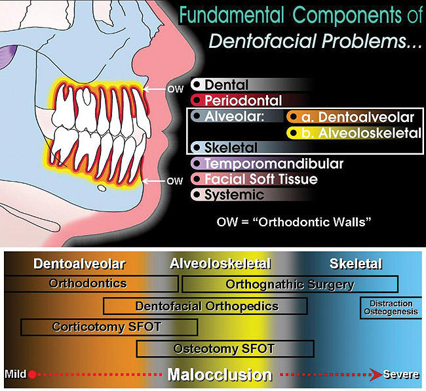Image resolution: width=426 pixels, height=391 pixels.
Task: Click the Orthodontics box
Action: coord(91,284)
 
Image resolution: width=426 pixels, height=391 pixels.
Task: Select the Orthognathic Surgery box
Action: coord(290,285)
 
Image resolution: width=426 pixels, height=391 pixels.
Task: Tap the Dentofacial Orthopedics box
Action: coord(206,306)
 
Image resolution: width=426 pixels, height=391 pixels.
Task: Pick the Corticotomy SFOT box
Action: coord(91,327)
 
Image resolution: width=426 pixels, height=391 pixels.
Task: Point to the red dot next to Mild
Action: coord(32,375)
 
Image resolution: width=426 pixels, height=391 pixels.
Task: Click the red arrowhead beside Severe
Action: coord(376,375)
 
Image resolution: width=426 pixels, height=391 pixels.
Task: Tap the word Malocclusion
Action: coord(219,375)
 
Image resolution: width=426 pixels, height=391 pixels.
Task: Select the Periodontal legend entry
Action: coord(242,101)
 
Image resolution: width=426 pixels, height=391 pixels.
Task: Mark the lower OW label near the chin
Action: coord(174,181)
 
